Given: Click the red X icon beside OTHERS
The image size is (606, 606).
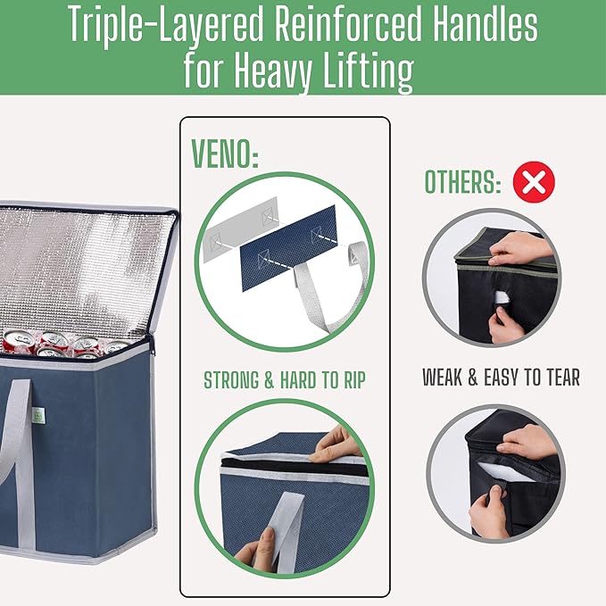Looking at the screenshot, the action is (534, 182).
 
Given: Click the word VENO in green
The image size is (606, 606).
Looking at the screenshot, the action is (220, 154).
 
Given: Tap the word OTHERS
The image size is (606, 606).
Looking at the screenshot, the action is (459, 182).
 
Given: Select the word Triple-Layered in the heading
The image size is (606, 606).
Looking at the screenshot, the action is (166, 26).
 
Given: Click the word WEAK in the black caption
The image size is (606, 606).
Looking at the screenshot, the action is (442, 378).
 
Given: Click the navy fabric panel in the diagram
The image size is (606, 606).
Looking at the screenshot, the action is (288, 248).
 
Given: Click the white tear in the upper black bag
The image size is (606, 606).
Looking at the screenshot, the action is (502, 297).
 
